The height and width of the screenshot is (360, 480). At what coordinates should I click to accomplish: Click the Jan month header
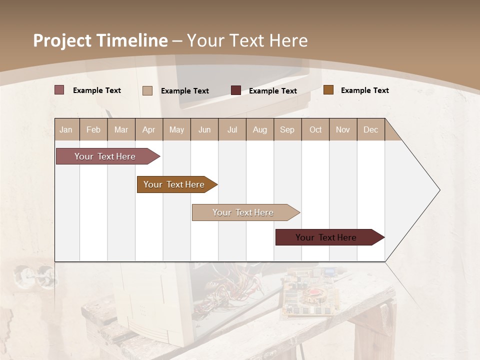(66, 129)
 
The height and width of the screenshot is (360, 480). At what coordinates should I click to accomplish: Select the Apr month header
(148, 129)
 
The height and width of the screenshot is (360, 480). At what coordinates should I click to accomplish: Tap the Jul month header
(232, 129)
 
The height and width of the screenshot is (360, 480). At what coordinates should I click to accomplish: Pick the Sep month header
(287, 129)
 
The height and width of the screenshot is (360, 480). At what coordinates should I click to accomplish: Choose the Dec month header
(370, 129)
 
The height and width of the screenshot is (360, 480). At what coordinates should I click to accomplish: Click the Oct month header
(315, 129)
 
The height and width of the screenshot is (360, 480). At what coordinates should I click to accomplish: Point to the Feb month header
(93, 129)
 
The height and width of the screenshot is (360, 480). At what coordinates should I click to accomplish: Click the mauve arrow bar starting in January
(105, 156)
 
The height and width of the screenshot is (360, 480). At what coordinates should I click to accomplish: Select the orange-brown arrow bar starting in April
(174, 184)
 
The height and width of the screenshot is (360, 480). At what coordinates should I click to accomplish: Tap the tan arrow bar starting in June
(243, 212)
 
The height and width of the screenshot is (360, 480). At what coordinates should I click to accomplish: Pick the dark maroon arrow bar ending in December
(326, 237)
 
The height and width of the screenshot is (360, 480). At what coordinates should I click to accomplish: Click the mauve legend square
(59, 90)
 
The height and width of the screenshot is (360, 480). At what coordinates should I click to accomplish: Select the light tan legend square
(147, 90)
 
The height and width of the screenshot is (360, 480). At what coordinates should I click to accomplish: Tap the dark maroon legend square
(236, 90)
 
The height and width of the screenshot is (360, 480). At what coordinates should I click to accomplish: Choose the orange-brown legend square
(328, 90)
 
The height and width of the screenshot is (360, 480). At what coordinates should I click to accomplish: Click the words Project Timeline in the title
(100, 40)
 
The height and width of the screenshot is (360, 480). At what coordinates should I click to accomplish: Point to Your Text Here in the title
(247, 40)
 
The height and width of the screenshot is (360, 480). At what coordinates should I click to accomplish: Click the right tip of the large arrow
(438, 190)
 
